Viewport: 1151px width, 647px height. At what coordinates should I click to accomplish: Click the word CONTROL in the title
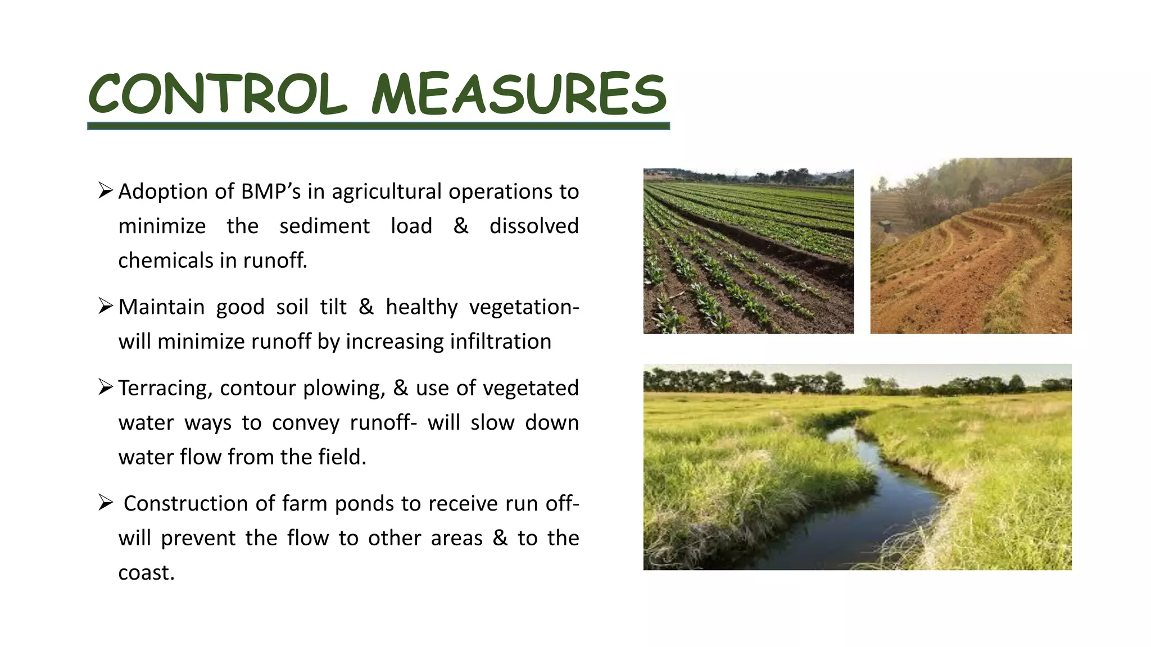click(218, 94)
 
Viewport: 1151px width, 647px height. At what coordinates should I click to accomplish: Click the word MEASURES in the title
click(519, 94)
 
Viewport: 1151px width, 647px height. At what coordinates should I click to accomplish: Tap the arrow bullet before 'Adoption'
click(106, 190)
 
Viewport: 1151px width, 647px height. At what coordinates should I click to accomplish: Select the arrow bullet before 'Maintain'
click(106, 306)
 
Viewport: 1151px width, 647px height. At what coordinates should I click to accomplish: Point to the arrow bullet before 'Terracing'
click(106, 387)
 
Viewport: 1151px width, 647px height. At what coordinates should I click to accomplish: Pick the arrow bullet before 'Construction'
click(106, 503)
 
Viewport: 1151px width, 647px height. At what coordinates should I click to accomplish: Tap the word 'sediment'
click(324, 226)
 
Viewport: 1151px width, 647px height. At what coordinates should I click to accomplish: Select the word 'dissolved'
click(533, 226)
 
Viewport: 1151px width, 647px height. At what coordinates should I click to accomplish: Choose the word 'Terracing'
click(165, 389)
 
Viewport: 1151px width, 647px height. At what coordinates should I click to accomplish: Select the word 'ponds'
click(364, 504)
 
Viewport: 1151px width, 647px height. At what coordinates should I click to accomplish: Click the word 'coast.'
click(146, 573)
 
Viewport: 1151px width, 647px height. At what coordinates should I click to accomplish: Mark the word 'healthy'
click(422, 307)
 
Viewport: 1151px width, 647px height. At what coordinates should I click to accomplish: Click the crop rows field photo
click(749, 251)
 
